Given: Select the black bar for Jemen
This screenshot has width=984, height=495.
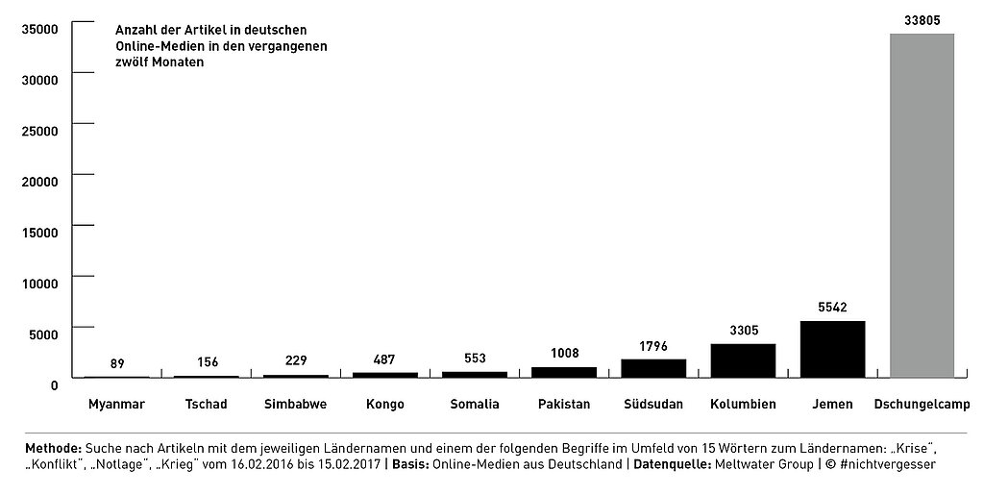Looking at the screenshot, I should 832,349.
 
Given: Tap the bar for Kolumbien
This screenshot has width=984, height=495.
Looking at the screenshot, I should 743,360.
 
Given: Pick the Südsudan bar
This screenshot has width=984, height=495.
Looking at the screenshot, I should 653,368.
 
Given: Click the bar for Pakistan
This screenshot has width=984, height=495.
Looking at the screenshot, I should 564,372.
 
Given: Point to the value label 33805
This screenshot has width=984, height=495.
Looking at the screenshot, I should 922,19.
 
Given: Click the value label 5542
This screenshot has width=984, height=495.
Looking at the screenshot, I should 832,308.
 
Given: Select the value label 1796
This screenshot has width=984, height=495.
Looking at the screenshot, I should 653,346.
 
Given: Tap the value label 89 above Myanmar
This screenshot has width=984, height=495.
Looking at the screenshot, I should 117,363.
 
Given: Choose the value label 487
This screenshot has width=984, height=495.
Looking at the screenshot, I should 385,359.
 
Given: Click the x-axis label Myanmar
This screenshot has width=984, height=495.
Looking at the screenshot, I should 116,404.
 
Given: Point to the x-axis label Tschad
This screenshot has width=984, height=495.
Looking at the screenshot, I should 207,404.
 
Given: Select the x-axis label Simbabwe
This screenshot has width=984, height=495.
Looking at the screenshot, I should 295,404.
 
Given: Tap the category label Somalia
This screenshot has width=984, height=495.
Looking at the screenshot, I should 475,404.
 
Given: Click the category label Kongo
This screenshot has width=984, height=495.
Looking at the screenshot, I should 385,404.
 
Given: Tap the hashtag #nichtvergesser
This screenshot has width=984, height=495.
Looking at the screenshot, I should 885,464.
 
